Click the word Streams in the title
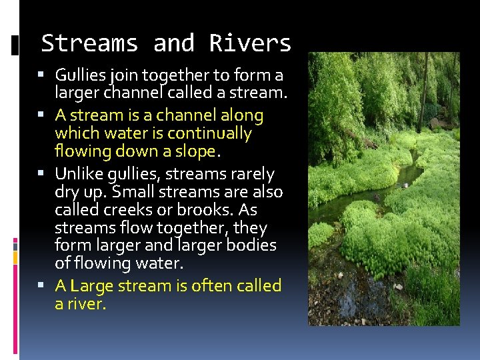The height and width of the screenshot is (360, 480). pos(89,43)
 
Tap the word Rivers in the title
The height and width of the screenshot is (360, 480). pos(250,43)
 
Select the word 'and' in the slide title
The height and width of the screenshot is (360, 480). pos(173,43)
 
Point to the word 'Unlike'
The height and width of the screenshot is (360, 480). pos(77,175)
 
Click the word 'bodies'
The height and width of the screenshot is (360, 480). pos(251,245)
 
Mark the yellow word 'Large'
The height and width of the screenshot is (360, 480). pos(91,287)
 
